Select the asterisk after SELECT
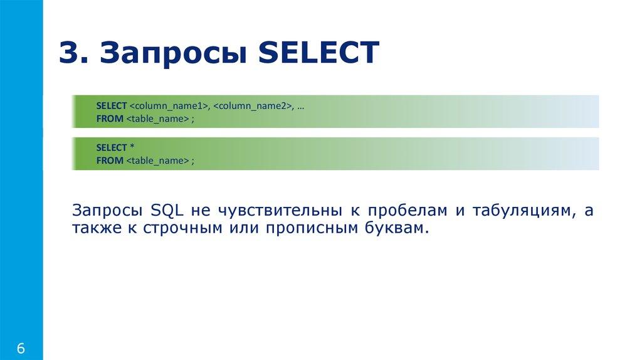point(132,147)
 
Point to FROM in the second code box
point(109,161)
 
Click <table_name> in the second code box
point(157,161)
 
